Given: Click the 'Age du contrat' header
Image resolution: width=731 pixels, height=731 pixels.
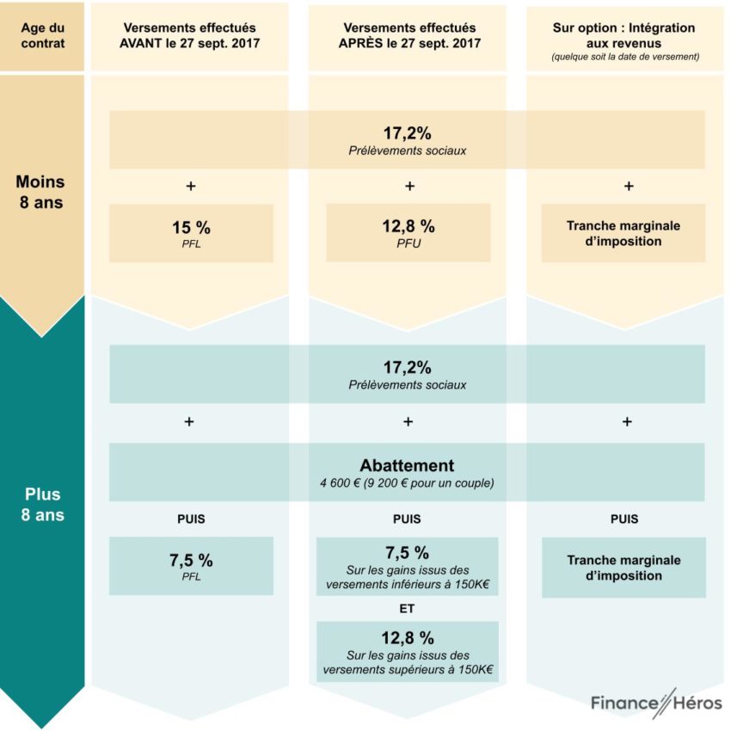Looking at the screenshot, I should click(x=42, y=37).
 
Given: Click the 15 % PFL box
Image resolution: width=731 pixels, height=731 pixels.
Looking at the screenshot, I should click(x=191, y=232).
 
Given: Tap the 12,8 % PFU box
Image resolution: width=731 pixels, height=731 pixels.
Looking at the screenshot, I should click(x=408, y=232).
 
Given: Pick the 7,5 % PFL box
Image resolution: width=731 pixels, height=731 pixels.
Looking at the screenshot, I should click(x=191, y=565).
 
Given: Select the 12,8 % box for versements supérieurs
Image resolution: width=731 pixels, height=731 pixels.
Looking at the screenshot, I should click(x=408, y=652).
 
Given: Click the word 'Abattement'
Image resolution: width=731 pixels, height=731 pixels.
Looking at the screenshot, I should click(x=407, y=465).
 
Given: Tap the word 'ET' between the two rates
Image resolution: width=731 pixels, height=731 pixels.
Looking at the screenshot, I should click(x=408, y=609).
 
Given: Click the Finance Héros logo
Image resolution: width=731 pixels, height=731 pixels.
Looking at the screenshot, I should click(x=656, y=703).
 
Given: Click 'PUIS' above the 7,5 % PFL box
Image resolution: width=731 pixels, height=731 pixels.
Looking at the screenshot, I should click(x=191, y=519).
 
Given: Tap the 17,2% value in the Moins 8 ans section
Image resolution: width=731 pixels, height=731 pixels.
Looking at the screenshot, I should click(x=407, y=133).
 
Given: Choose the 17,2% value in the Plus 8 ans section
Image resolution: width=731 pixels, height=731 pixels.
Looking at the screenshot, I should click(x=407, y=368).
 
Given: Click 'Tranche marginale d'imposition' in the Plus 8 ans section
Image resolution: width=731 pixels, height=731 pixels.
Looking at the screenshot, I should click(x=623, y=568).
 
